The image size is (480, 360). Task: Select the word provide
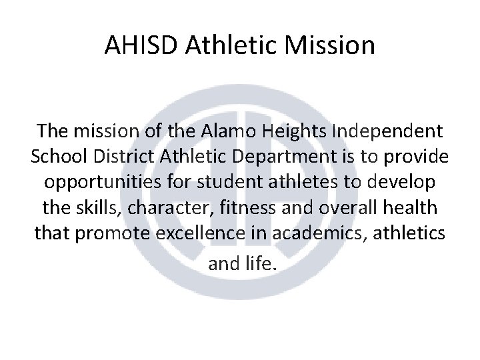tap(417, 157)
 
